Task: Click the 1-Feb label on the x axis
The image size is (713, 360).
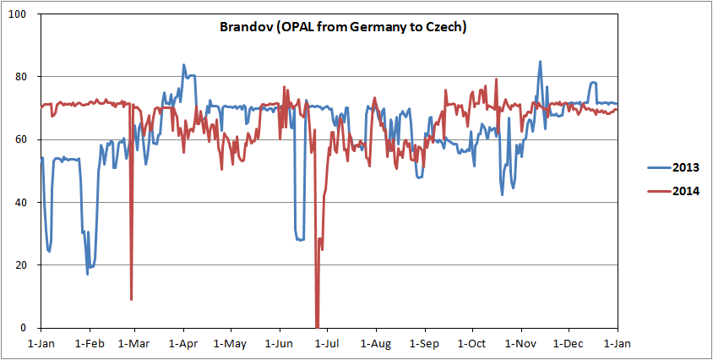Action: (x=89, y=344)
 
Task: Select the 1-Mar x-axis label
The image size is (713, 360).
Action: (x=134, y=344)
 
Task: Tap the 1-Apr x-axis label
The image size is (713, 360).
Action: (x=182, y=344)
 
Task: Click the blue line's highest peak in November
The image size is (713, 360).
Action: (x=540, y=61)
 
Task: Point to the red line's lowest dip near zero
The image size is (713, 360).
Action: (x=317, y=326)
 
